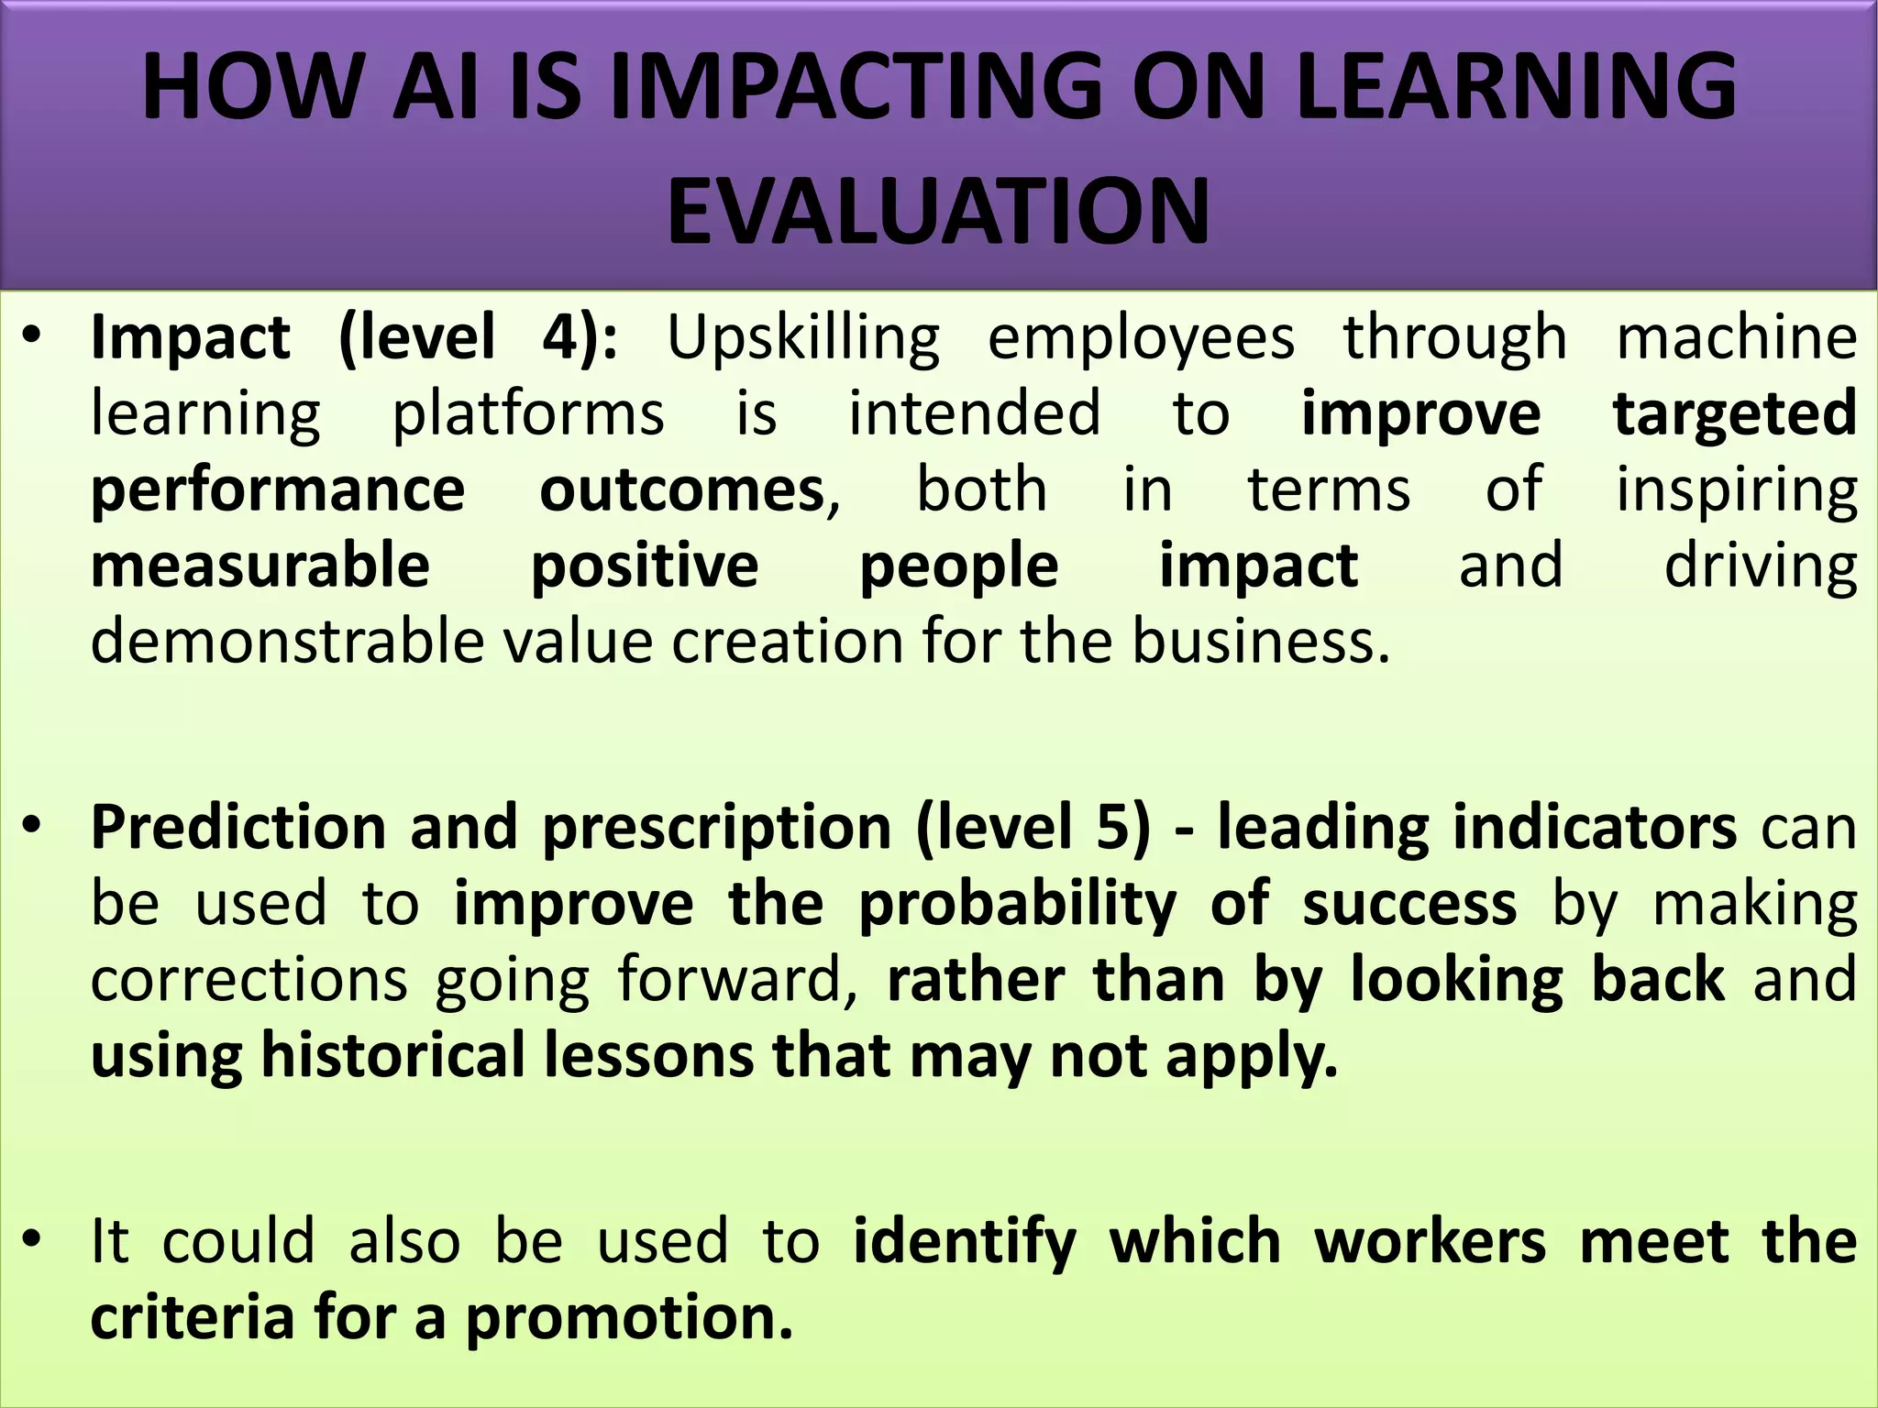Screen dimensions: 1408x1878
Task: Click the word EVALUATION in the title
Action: click(x=938, y=213)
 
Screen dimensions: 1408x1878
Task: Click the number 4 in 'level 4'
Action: click(x=559, y=337)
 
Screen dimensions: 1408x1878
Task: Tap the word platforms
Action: click(x=528, y=414)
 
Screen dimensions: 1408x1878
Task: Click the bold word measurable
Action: click(x=260, y=566)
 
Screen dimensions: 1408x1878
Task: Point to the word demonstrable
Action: click(x=287, y=641)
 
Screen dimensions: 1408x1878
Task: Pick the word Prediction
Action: click(x=238, y=828)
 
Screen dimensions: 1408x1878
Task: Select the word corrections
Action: click(x=249, y=980)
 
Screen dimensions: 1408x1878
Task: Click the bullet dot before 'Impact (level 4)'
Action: click(x=33, y=337)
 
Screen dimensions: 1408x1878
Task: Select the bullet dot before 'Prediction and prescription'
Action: click(x=33, y=828)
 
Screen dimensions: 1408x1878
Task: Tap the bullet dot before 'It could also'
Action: click(x=33, y=1241)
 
